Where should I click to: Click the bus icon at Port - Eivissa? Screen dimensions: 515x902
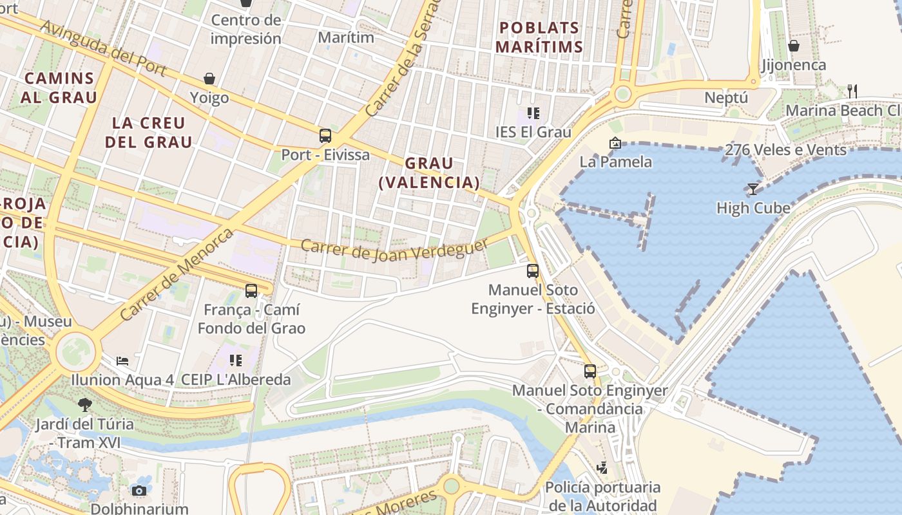pyautogui.click(x=325, y=136)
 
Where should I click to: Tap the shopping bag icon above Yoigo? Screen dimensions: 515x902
pyautogui.click(x=209, y=79)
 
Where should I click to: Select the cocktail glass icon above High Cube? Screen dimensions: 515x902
pyautogui.click(x=753, y=189)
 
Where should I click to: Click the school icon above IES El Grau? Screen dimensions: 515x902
pyautogui.click(x=533, y=113)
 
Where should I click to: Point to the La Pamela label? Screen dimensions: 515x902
pyautogui.click(x=615, y=162)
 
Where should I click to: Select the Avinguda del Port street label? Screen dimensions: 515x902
pyautogui.click(x=103, y=48)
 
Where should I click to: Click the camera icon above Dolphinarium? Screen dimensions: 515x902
pyautogui.click(x=139, y=491)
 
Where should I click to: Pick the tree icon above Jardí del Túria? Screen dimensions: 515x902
pyautogui.click(x=84, y=405)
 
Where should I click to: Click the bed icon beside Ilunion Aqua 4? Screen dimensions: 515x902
pyautogui.click(x=122, y=360)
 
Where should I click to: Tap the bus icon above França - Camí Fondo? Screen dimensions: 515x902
pyautogui.click(x=251, y=291)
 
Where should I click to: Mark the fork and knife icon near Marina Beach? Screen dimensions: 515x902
pyautogui.click(x=852, y=91)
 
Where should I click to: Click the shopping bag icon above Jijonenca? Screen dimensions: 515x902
pyautogui.click(x=794, y=46)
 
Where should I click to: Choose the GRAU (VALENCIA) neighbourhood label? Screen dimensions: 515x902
pyautogui.click(x=429, y=173)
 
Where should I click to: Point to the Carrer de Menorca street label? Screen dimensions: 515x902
pyautogui.click(x=177, y=274)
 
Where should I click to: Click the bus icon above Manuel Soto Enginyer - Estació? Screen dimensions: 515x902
pyautogui.click(x=532, y=271)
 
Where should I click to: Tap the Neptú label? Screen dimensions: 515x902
pyautogui.click(x=726, y=98)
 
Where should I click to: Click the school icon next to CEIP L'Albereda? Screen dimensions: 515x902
pyautogui.click(x=236, y=360)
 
